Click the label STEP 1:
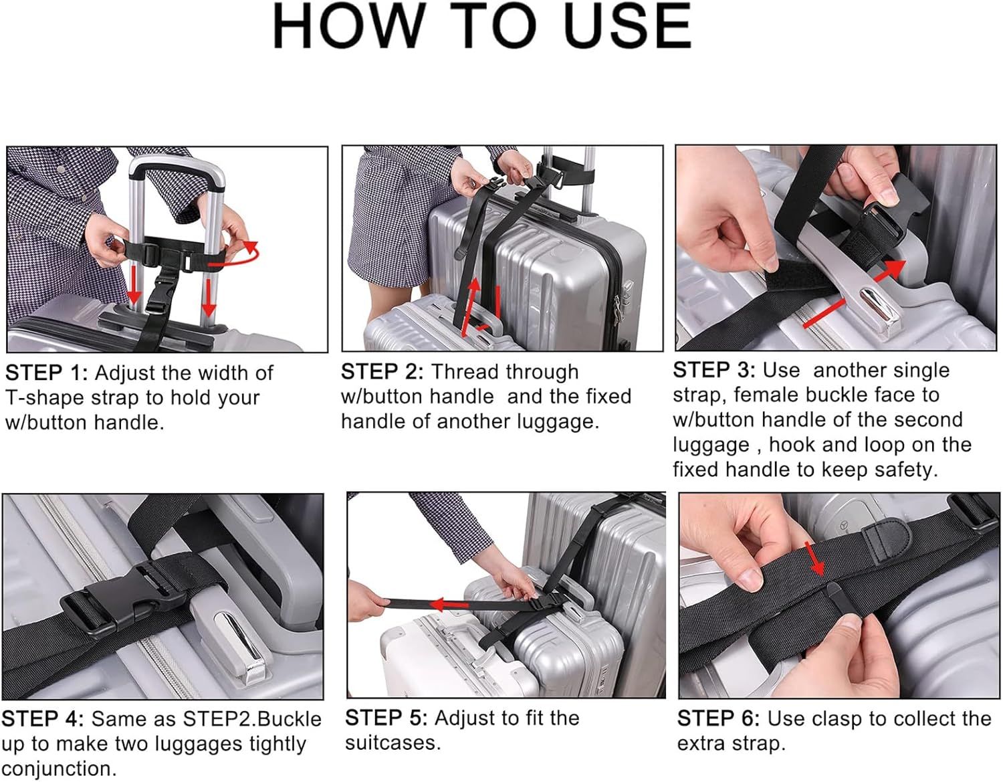coord(46,373)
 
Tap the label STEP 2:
coord(382,371)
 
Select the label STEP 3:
coord(713,370)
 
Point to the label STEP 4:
coord(42,719)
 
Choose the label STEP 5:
coord(386,718)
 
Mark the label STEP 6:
coord(718,718)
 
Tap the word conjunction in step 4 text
coord(58,769)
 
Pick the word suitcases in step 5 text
coord(393,743)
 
